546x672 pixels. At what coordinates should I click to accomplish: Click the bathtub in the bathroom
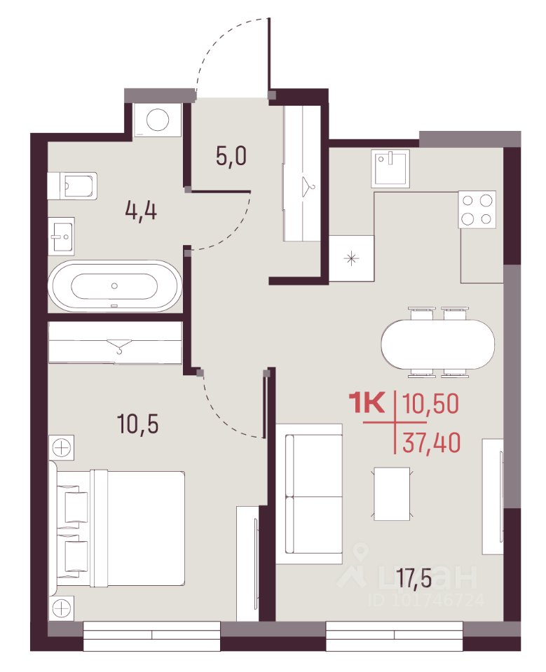point(115,286)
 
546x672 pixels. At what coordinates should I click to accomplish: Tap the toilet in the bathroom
point(72,185)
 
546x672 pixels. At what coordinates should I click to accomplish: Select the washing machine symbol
point(157,120)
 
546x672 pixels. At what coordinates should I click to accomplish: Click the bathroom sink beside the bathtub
point(62,235)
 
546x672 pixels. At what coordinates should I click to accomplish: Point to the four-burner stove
point(477,209)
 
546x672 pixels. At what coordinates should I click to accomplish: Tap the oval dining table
point(438,343)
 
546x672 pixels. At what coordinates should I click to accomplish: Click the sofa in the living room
point(309,493)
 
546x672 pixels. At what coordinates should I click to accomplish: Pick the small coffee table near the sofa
point(393,493)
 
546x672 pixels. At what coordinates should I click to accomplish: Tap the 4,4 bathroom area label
point(141,211)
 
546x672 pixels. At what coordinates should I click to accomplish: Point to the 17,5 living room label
point(414,579)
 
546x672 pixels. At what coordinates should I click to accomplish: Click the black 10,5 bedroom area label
point(138,424)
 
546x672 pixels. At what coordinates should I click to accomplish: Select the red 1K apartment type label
point(368,403)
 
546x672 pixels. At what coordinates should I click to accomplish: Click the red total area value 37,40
point(431,442)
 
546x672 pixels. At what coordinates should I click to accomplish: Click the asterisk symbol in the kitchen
point(352,258)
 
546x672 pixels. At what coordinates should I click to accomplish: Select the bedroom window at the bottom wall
point(151,635)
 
